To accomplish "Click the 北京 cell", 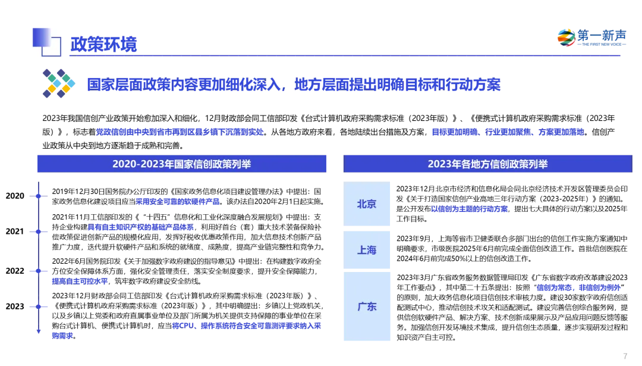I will coord(367,204).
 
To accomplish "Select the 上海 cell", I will coord(367,250).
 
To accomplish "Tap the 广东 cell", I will coord(367,307).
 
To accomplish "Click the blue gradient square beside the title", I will coord(45,40).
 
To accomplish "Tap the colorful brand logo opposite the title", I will coord(591,37).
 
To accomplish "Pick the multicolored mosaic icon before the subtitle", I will coord(58,83).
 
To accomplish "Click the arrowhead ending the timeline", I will coord(39,331).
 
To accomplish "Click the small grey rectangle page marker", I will coord(625,357).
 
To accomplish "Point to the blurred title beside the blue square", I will coord(102,43).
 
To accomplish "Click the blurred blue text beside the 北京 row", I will coord(469,209).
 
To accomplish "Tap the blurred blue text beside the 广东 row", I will coord(578,287).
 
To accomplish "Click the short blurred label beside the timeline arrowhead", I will coord(61,336).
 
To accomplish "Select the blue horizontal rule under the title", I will coord(345,55).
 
